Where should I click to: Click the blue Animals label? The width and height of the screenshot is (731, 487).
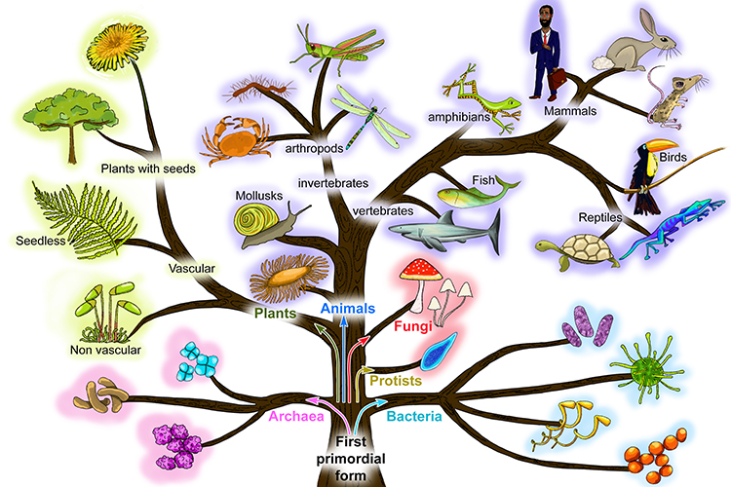[348, 309]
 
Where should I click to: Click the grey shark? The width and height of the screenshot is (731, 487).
[448, 231]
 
